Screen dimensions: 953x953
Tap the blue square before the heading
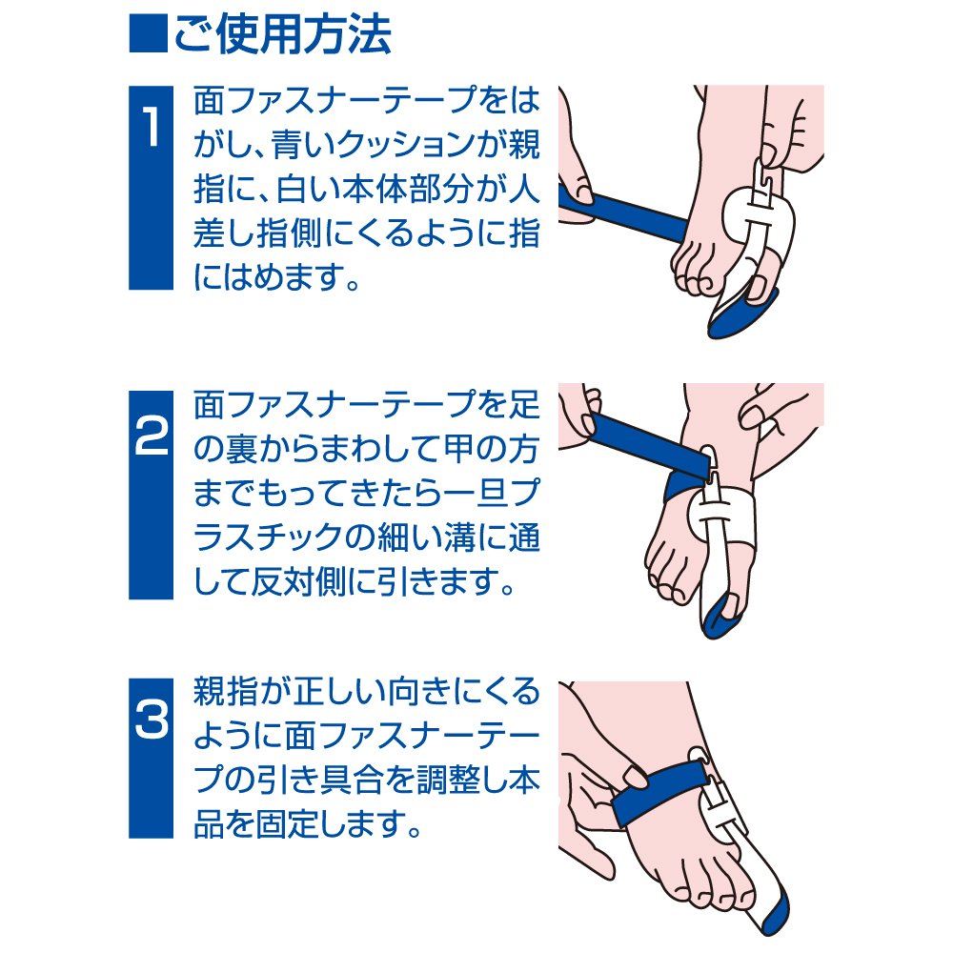click(x=148, y=34)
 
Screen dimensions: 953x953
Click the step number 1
click(x=151, y=128)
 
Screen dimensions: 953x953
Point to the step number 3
click(x=151, y=720)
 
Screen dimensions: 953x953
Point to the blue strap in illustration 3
click(x=659, y=793)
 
